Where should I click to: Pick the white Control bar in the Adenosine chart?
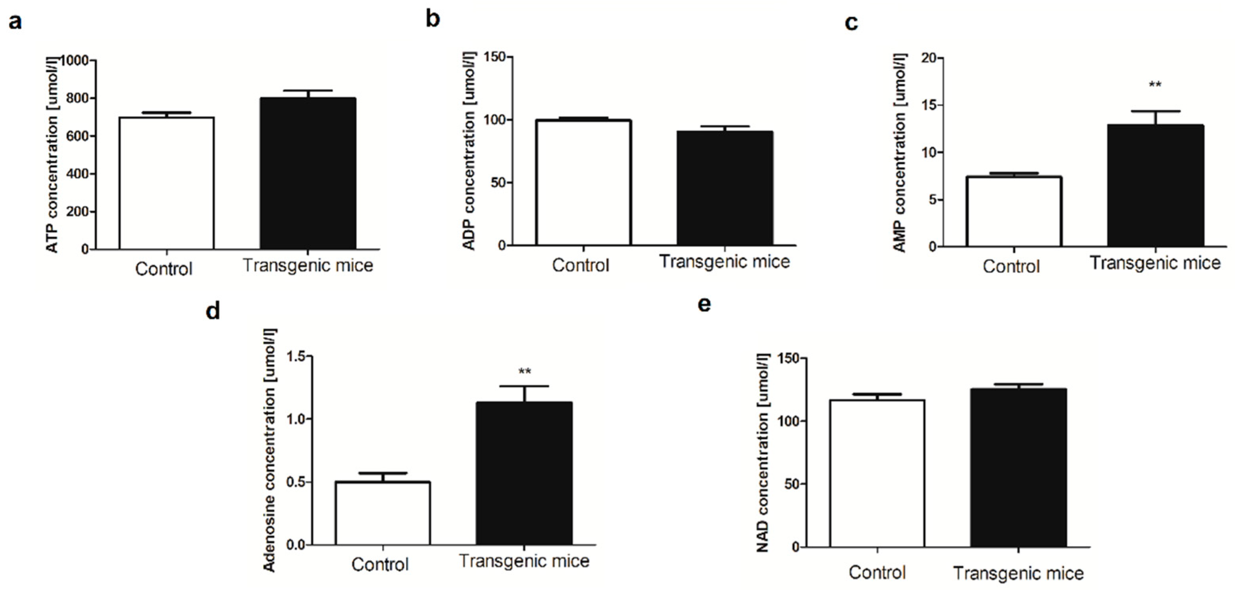pyautogui.click(x=383, y=513)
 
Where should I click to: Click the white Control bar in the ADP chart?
pyautogui.click(x=583, y=183)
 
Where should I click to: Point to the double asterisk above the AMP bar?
pyautogui.click(x=1155, y=85)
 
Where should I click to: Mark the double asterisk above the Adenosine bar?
pyautogui.click(x=525, y=372)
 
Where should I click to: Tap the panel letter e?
pyautogui.click(x=704, y=304)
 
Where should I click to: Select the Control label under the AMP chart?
pyautogui.click(x=1012, y=266)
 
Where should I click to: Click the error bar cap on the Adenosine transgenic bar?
pyautogui.click(x=525, y=386)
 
